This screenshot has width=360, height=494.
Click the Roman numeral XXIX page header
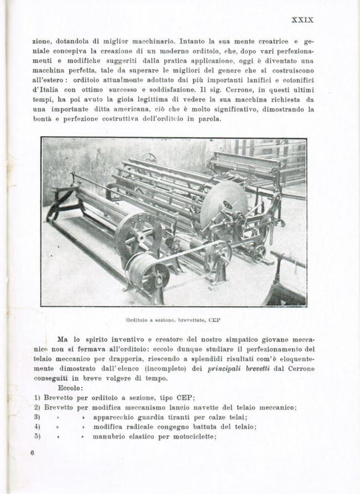pyautogui.click(x=302, y=20)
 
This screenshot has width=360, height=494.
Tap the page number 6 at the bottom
pyautogui.click(x=32, y=453)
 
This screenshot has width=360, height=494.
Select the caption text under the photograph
pyautogui.click(x=173, y=320)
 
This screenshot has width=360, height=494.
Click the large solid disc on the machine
pyautogui.click(x=224, y=206)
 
